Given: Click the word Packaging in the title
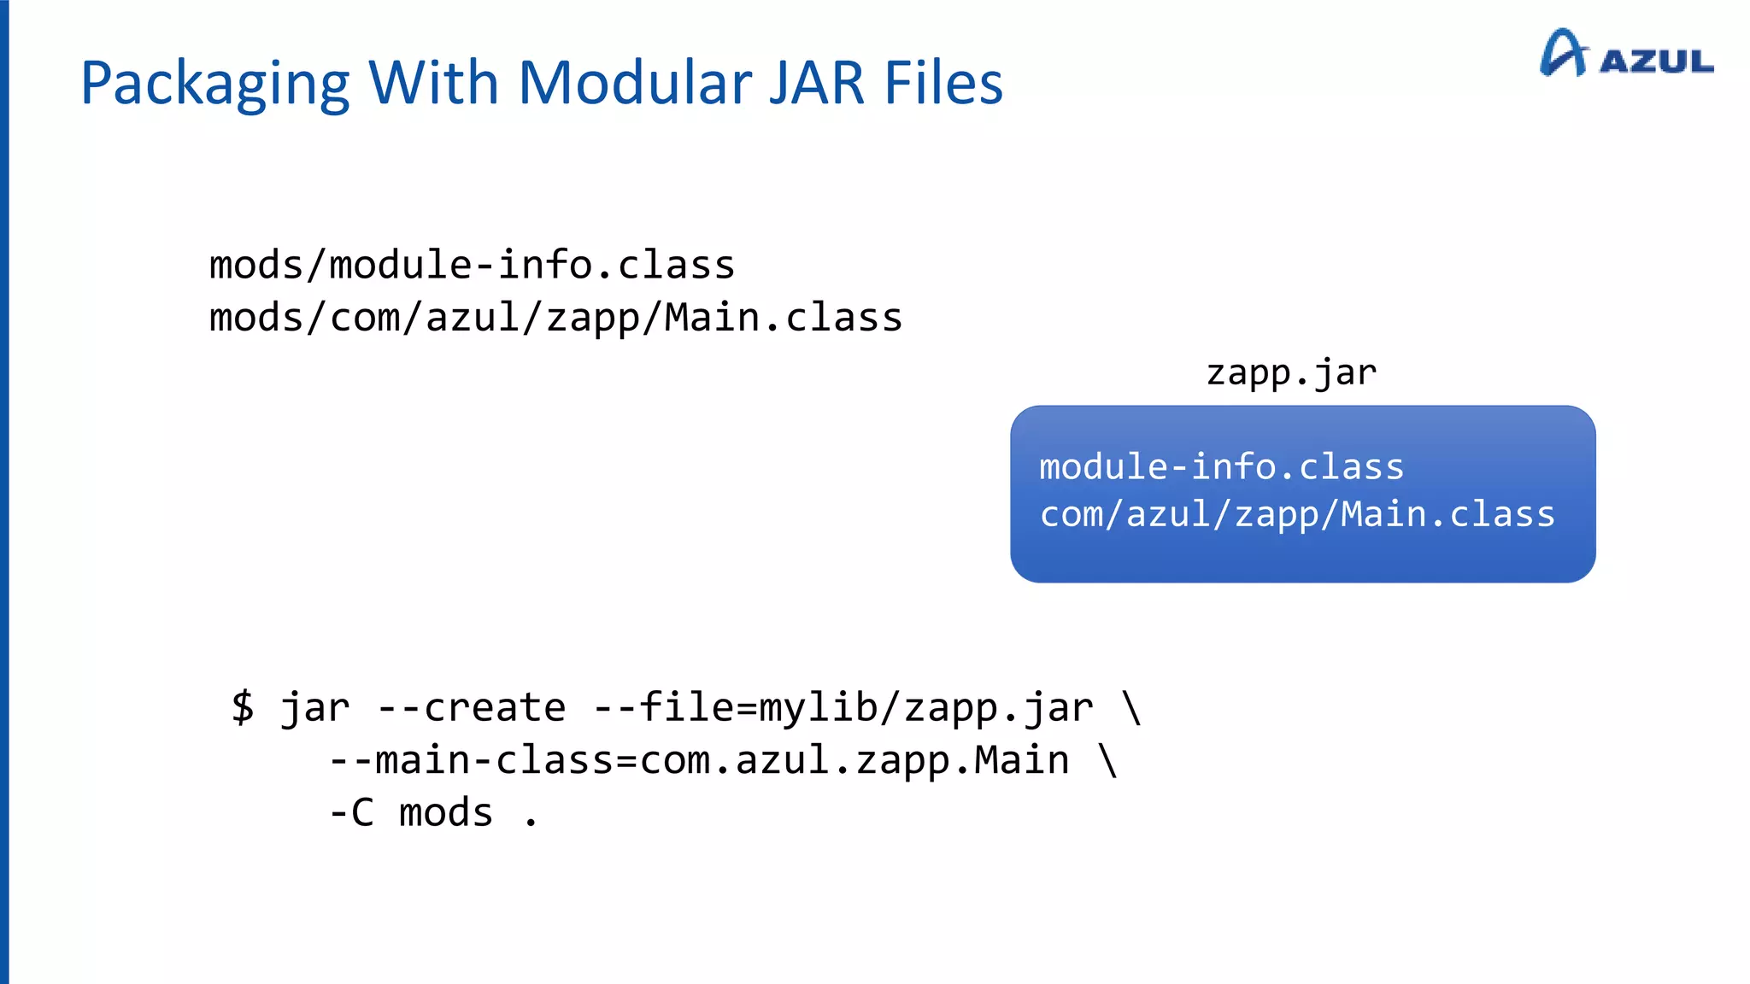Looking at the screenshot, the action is click(x=214, y=84).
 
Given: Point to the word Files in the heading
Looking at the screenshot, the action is click(x=943, y=84).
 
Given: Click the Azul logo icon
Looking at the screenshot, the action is click(x=1563, y=53).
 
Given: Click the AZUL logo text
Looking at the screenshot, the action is click(x=1657, y=61).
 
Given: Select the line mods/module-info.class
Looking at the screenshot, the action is click(x=472, y=265).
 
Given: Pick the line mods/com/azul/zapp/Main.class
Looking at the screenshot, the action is click(x=555, y=318).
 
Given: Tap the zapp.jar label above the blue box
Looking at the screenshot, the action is click(x=1291, y=372).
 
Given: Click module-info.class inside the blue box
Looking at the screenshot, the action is click(x=1222, y=467).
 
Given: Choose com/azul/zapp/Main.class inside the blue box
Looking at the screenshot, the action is click(x=1297, y=514).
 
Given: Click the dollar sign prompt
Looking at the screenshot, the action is click(x=243, y=707).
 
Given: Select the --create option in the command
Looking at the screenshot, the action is click(x=471, y=707).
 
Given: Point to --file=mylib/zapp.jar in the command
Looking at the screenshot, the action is click(x=843, y=707).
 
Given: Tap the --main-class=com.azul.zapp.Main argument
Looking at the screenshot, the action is click(x=699, y=760).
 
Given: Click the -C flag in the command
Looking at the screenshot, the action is click(x=351, y=812).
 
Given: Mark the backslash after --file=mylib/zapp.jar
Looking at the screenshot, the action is click(x=1132, y=707).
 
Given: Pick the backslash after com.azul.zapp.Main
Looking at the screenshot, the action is click(x=1108, y=760).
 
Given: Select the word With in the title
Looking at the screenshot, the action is click(x=433, y=84).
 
